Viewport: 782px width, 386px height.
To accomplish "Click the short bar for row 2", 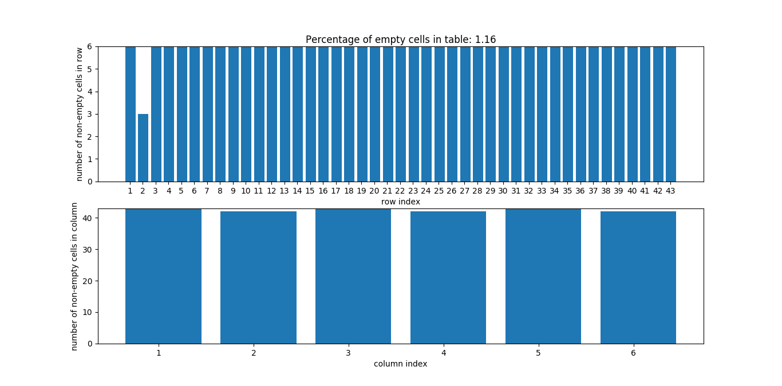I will [x=143, y=148].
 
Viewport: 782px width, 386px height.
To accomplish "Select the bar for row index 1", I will [x=131, y=114].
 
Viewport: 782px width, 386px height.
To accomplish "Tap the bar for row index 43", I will [x=671, y=114].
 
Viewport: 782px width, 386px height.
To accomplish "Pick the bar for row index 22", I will [x=401, y=114].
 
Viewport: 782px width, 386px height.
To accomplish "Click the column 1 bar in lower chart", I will [x=163, y=276].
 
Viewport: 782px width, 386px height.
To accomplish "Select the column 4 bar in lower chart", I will [x=448, y=278].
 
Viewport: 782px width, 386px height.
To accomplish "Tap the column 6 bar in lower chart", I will [x=638, y=278].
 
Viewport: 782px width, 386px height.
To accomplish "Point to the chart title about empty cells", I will [x=400, y=40].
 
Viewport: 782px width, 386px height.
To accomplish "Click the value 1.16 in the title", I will [x=485, y=40].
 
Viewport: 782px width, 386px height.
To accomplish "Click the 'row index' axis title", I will [x=400, y=202].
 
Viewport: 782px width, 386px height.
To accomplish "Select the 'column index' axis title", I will [x=400, y=364].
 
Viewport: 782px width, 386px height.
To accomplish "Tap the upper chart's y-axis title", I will [x=80, y=114].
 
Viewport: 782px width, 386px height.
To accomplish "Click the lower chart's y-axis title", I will [x=75, y=276].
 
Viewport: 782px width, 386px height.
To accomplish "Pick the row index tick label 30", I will [x=503, y=191].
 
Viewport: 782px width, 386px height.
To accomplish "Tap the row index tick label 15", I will [x=310, y=191].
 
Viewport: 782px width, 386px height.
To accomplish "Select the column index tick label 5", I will [x=538, y=353].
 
